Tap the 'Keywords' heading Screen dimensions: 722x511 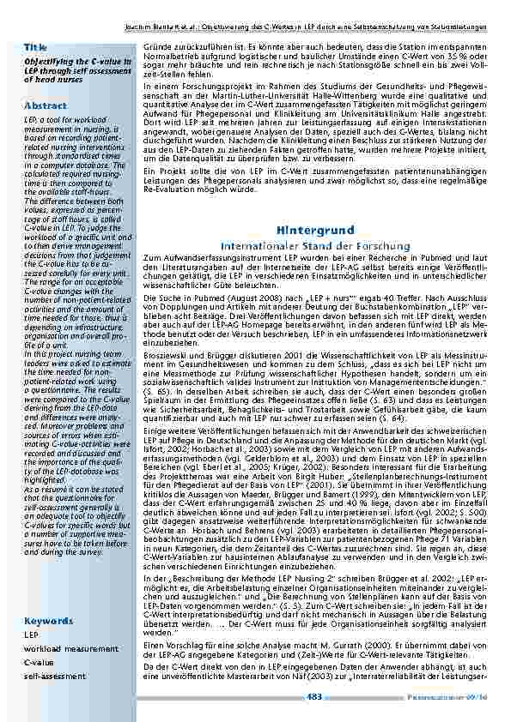pos(48,619)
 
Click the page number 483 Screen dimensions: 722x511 pos(314,696)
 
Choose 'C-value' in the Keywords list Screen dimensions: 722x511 pos(39,663)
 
